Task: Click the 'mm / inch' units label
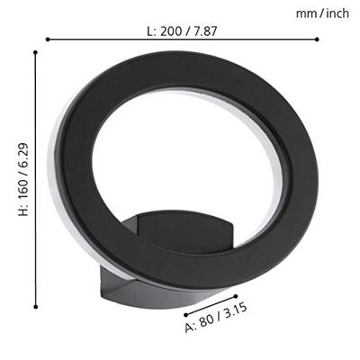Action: point(322,13)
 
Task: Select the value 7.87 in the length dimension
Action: point(205,31)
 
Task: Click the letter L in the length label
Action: point(150,31)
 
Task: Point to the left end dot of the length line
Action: point(48,40)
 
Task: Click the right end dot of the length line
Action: point(317,40)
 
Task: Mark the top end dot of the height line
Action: point(35,52)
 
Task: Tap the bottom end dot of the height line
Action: point(35,307)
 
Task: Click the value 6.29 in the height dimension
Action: point(23,154)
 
